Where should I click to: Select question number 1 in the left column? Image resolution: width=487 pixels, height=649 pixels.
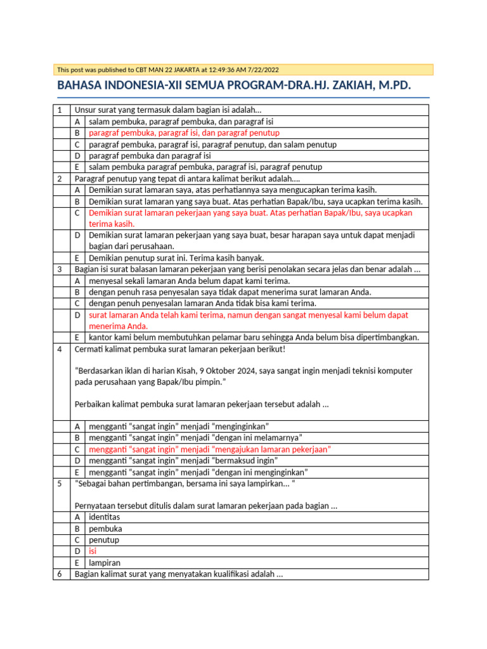pyautogui.click(x=60, y=110)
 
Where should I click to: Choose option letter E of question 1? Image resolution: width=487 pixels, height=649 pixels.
pyautogui.click(x=77, y=167)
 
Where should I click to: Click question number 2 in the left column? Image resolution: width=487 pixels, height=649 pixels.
pyautogui.click(x=60, y=179)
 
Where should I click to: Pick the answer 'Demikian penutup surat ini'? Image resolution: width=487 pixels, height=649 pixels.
pyautogui.click(x=176, y=258)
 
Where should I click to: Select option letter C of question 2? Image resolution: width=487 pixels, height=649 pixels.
pyautogui.click(x=77, y=213)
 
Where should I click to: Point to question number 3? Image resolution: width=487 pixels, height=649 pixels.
pyautogui.click(x=60, y=269)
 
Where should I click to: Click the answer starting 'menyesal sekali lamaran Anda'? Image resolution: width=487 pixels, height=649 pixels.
pyautogui.click(x=189, y=281)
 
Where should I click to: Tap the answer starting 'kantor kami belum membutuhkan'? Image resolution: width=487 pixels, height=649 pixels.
pyautogui.click(x=254, y=337)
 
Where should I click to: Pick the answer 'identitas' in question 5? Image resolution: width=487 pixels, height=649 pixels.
pyautogui.click(x=104, y=518)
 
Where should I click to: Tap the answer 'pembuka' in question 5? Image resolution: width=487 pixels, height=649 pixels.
pyautogui.click(x=105, y=529)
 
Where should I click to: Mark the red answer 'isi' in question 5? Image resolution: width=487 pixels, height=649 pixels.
pyautogui.click(x=93, y=551)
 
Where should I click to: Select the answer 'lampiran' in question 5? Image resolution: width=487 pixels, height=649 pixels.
pyautogui.click(x=105, y=563)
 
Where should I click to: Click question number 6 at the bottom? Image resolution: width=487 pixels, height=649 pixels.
pyautogui.click(x=60, y=574)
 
